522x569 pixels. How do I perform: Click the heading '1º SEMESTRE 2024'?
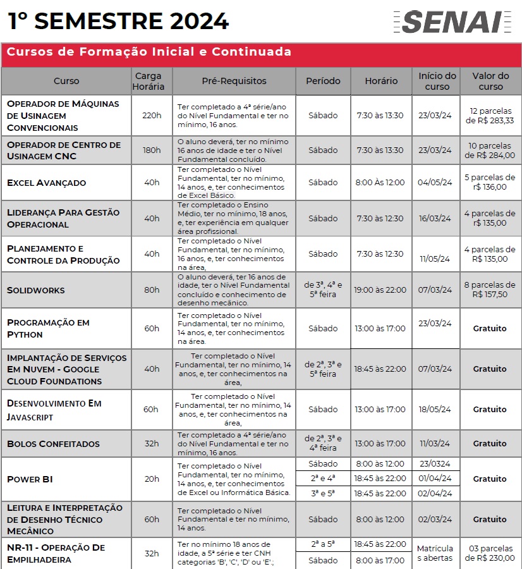tap(118, 21)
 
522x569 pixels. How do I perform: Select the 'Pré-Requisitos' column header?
tap(234, 81)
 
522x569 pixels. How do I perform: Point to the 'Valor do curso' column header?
tap(490, 81)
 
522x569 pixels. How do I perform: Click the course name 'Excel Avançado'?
tap(46, 183)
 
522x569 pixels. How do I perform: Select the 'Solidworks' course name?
tap(36, 290)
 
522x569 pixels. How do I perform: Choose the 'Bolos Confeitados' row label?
tap(53, 444)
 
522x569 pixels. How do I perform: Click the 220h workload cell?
tap(152, 116)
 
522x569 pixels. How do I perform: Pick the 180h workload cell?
tap(152, 150)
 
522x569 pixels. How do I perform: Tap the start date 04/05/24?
tap(435, 183)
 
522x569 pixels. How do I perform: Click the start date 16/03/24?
tap(435, 218)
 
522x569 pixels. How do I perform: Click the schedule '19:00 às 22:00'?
tap(380, 290)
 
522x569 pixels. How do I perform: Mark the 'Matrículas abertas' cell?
tap(435, 553)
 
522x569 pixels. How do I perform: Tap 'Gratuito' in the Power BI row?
tap(490, 479)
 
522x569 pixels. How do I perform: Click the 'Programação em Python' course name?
tap(48, 328)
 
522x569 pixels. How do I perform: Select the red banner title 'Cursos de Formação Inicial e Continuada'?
tap(149, 52)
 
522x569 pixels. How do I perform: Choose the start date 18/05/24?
tap(435, 409)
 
